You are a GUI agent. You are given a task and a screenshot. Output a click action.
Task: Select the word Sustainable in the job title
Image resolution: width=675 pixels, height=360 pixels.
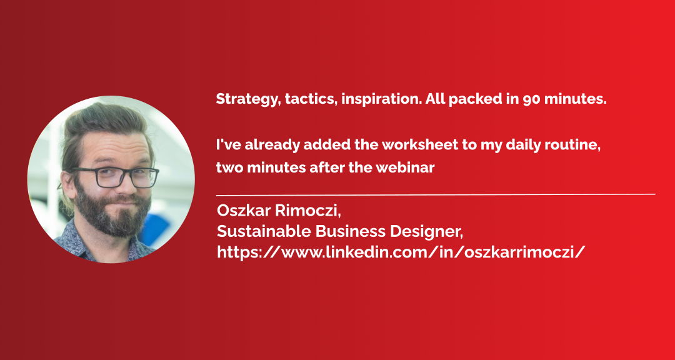pos(264,232)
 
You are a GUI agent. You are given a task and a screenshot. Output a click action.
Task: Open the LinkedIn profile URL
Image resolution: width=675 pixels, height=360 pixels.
pos(401,252)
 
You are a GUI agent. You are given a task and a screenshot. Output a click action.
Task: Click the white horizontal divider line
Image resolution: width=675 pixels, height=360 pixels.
pos(436,194)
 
